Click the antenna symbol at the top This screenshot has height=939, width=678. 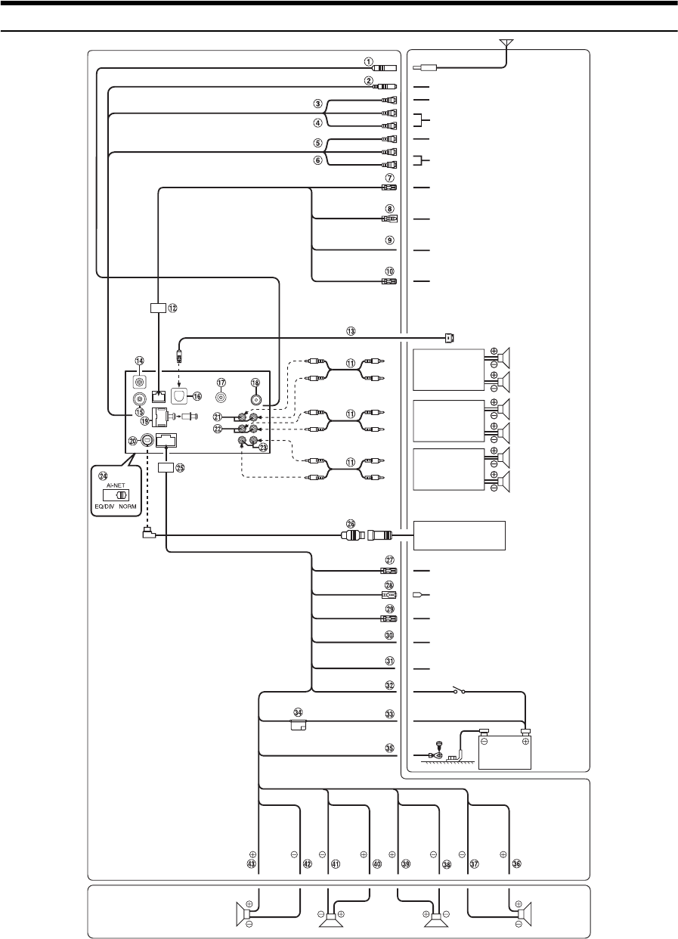[506, 41]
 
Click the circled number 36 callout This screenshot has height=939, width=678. [516, 863]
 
